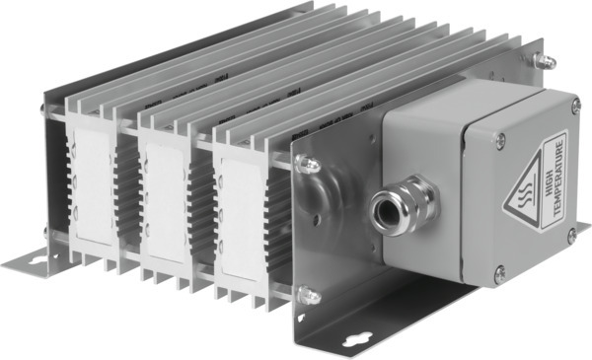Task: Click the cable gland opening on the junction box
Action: pos(383,208)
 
